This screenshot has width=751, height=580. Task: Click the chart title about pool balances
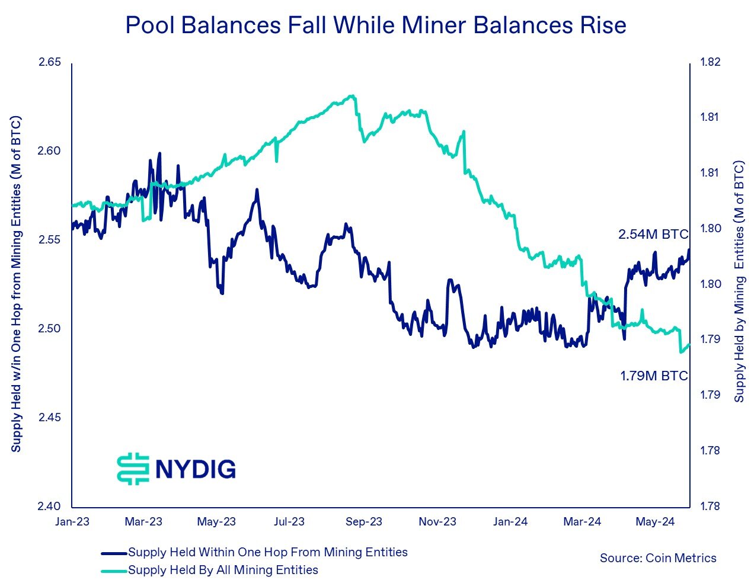click(x=375, y=25)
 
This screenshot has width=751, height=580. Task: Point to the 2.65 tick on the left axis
click(x=50, y=62)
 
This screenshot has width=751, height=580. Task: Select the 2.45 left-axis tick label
click(x=50, y=418)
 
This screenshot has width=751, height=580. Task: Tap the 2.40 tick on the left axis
click(x=50, y=507)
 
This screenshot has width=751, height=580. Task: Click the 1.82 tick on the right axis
click(x=710, y=62)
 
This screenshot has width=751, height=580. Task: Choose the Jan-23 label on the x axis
click(x=72, y=522)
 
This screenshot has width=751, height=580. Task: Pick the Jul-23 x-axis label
click(x=289, y=522)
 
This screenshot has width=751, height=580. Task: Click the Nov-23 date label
click(x=437, y=522)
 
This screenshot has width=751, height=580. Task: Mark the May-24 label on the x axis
click(x=655, y=522)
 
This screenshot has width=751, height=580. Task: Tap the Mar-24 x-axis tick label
click(x=582, y=522)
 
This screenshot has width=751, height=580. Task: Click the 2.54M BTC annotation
click(x=653, y=235)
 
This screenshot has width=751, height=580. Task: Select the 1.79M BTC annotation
click(x=654, y=376)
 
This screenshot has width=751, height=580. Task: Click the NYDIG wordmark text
click(x=196, y=469)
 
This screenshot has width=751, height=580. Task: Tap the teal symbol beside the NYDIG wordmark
click(x=133, y=469)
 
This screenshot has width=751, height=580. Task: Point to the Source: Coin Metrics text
click(x=658, y=558)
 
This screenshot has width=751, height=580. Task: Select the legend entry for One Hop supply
click(x=267, y=553)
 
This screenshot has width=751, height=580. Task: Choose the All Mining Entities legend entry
click(x=223, y=570)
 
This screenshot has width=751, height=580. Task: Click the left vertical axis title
click(x=16, y=284)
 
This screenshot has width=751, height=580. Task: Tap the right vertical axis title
click(x=739, y=281)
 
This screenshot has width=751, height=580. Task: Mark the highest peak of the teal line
click(x=352, y=95)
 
